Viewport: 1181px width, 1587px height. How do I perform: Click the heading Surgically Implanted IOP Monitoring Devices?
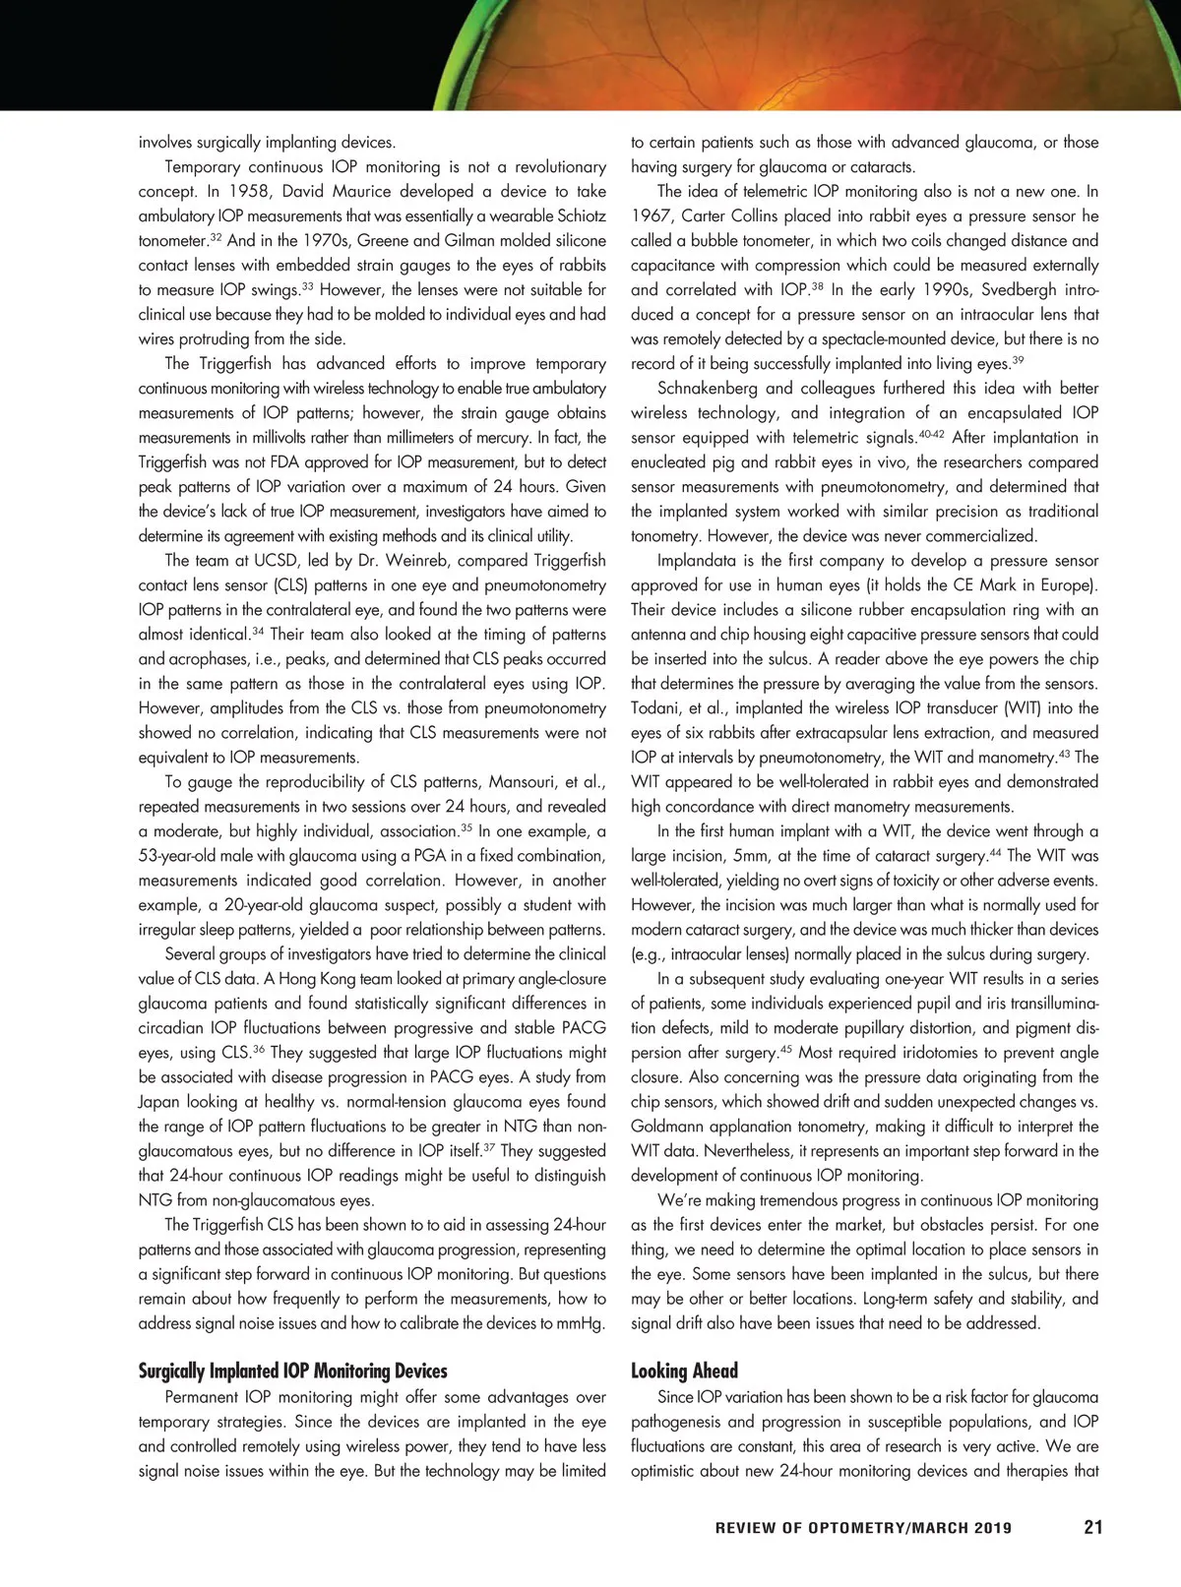292,1371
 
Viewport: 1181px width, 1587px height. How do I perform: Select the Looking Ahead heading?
684,1371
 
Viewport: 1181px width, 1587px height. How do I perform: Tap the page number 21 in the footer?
1092,1528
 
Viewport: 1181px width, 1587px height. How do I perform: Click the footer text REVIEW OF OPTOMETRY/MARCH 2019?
863,1529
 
